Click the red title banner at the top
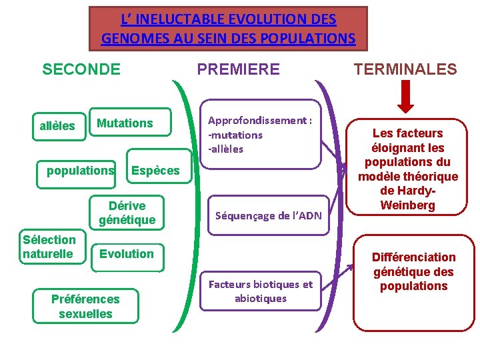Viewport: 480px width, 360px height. [228, 29]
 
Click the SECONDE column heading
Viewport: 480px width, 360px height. [81, 69]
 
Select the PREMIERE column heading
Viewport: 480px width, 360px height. [238, 69]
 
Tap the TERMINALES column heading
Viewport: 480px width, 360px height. [405, 69]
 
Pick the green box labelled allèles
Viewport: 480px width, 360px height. [57, 126]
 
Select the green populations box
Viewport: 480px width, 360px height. [80, 171]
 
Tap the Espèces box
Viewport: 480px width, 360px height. [155, 171]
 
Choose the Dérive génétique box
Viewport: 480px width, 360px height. [127, 213]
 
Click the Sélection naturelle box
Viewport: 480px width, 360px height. [49, 247]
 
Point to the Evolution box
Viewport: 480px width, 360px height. [127, 254]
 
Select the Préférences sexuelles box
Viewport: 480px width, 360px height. [85, 307]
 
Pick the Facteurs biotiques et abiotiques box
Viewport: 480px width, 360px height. [261, 292]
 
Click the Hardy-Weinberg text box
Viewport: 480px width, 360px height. [407, 169]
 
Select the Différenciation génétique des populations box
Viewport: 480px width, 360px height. [414, 272]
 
